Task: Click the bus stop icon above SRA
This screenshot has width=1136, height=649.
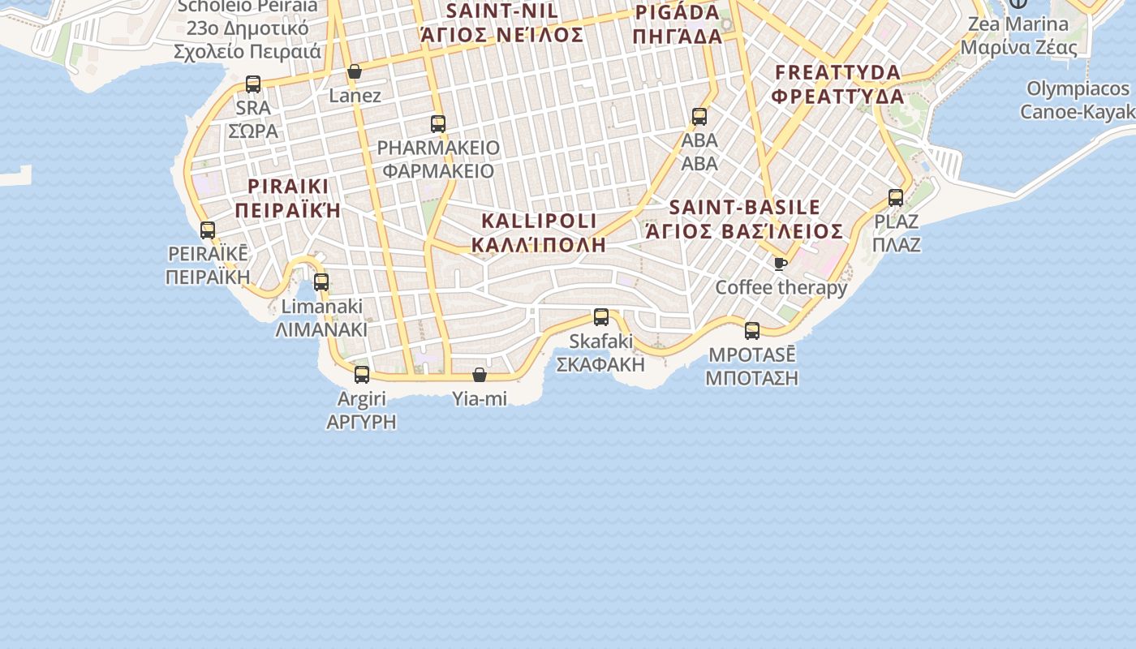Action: (253, 84)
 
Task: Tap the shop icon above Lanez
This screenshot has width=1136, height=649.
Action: (355, 72)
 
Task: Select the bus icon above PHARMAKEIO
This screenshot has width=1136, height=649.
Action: (438, 124)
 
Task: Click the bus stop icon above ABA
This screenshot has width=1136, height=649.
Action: (699, 117)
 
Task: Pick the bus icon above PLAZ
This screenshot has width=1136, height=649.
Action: (896, 198)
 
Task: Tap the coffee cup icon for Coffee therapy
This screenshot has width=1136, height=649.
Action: (781, 264)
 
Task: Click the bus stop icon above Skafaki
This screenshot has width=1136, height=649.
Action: (601, 317)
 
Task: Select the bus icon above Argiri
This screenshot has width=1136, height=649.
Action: (362, 375)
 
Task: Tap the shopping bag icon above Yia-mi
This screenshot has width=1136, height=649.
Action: (480, 375)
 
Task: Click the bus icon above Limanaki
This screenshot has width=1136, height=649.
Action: (321, 282)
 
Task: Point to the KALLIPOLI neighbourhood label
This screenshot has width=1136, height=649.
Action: (539, 221)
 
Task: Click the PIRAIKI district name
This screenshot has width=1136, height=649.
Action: (288, 186)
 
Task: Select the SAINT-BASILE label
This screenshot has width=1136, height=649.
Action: (744, 207)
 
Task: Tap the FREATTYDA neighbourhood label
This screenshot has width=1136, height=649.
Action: (837, 72)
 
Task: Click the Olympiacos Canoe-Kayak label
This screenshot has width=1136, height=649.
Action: (1078, 100)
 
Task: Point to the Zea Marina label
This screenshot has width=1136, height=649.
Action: (1018, 24)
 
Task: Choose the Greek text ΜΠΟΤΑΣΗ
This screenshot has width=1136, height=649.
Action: (751, 378)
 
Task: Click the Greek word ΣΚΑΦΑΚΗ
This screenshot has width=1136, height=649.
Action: (600, 364)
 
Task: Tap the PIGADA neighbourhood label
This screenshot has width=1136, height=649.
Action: (678, 13)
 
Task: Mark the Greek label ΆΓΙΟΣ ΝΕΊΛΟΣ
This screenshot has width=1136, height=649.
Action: (501, 35)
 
